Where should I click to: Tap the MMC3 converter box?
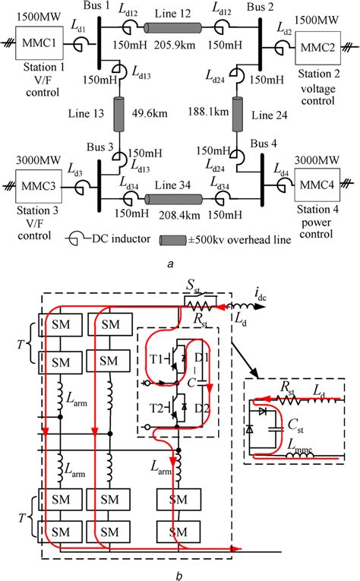click(x=46, y=185)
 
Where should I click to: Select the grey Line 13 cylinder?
click(x=118, y=115)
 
